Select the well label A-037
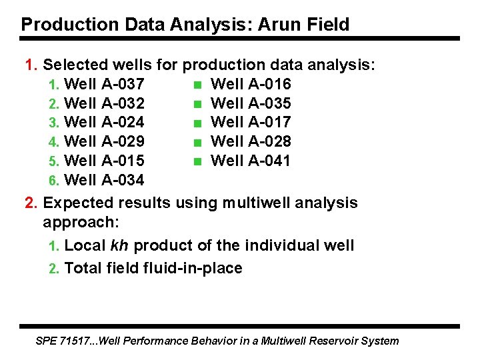tap(123, 84)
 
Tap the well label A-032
tap(123, 103)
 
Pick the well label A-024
tap(123, 122)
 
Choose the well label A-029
tap(123, 141)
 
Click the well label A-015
tap(123, 161)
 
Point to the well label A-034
tap(123, 179)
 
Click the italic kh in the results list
tap(119, 245)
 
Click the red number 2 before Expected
tap(29, 203)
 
